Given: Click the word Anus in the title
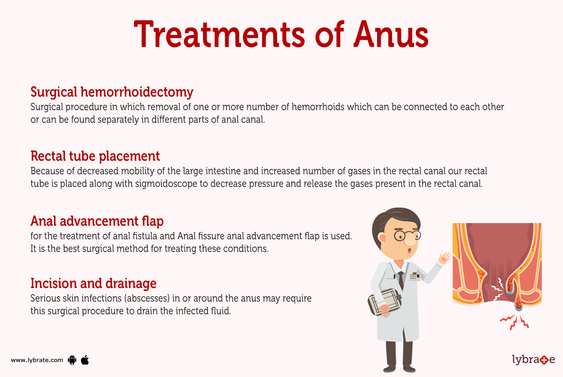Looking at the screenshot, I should pos(391,35).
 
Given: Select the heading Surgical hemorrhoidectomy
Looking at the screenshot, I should pos(111,92).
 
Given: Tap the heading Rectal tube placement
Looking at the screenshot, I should pos(95,156).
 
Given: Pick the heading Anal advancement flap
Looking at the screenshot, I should pos(97,221).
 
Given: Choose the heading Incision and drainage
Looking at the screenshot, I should pos(93,284).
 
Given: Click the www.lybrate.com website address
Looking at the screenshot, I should pos(37,360).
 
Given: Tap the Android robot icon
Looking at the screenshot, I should pos(72,360).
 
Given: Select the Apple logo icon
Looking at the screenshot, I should pos(85,360).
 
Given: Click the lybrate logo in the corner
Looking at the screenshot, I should pos(533,360).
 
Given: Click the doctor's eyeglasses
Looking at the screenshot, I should pos(407,236).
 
